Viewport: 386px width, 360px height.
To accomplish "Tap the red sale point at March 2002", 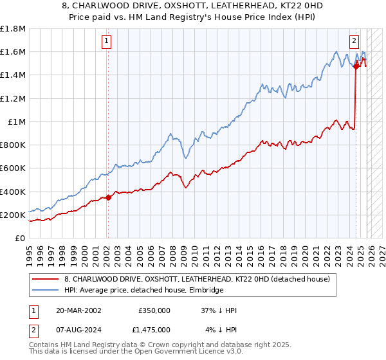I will point(107,197).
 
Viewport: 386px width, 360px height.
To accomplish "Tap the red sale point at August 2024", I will point(356,66).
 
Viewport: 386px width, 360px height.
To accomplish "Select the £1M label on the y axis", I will point(17,122).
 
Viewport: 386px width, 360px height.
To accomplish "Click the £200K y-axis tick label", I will point(13,215).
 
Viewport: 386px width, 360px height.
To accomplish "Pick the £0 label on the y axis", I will point(21,238).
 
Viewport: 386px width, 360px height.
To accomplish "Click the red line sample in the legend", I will point(45,279).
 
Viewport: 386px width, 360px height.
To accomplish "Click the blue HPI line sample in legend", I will point(45,291).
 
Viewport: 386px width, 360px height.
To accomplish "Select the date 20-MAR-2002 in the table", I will point(78,310).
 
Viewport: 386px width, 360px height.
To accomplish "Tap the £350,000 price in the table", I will point(154,310).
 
